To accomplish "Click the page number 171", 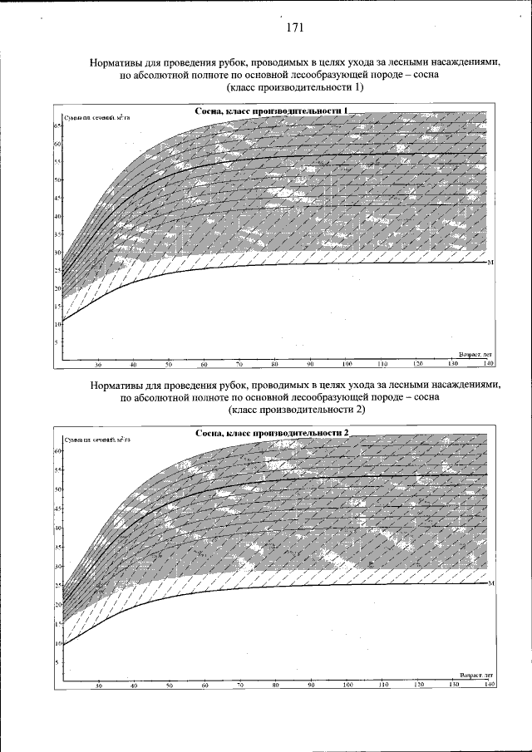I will point(294,27).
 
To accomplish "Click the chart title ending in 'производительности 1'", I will point(271,111).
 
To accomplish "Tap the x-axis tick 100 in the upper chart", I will point(347,365).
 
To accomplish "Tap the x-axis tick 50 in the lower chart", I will point(169,686).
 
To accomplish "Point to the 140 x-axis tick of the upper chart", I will point(488,365).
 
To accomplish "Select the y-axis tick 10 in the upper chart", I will point(57,323).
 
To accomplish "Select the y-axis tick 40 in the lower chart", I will point(57,528).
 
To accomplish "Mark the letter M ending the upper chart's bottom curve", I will point(491,262).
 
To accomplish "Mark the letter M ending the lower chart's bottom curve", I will point(491,583).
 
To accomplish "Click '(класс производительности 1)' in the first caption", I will point(295,87).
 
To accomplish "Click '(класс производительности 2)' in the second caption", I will point(295,410).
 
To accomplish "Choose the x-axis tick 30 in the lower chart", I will point(98,686).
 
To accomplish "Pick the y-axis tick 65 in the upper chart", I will point(57,125).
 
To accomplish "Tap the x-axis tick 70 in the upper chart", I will point(239,365).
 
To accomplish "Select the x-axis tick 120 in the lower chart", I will point(418,686).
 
